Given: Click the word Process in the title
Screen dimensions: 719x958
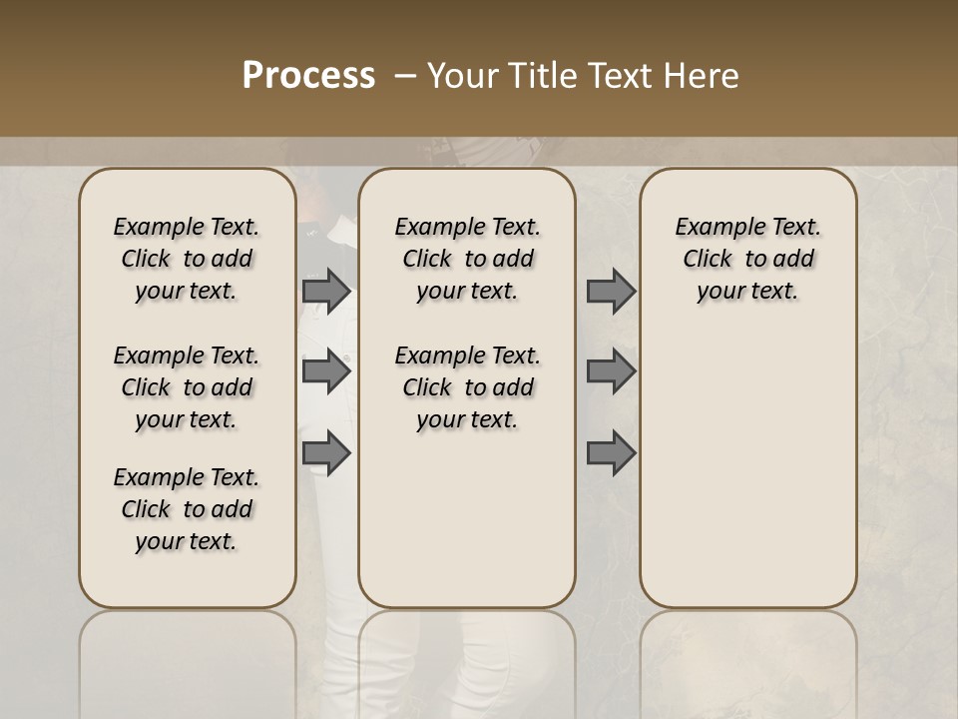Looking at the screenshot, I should click(x=308, y=76).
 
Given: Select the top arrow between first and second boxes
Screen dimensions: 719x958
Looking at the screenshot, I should click(x=326, y=291).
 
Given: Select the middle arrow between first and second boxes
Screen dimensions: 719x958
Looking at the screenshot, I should click(x=326, y=371).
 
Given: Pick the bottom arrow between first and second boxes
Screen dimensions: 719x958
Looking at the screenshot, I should click(x=326, y=452).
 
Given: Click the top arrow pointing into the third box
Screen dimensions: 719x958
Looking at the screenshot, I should click(x=611, y=291).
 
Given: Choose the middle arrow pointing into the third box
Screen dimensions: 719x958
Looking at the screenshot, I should click(x=611, y=371).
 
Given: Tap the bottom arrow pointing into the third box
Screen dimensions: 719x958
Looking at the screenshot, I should click(x=611, y=452).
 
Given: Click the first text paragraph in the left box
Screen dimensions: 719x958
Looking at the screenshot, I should click(x=187, y=259).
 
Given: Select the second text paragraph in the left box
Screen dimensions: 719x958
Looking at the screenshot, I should click(x=187, y=387).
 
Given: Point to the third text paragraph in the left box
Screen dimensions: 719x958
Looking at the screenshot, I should click(x=187, y=509).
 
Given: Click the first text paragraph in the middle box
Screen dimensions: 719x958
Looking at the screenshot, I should click(x=468, y=259).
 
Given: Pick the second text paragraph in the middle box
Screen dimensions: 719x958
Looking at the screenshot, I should click(x=468, y=387).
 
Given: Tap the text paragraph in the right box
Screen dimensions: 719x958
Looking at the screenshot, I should click(x=748, y=259).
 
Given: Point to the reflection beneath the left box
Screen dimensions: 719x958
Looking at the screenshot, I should click(x=188, y=659).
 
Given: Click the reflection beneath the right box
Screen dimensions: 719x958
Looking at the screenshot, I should click(x=748, y=659).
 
